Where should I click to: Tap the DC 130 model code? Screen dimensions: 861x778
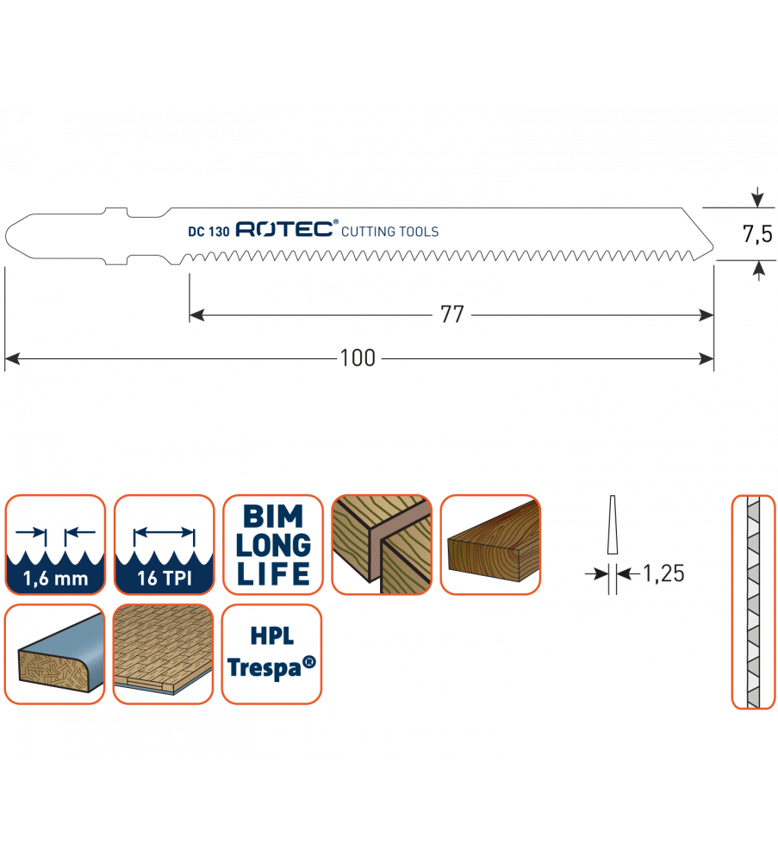208,231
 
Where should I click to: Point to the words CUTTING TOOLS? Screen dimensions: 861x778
390,231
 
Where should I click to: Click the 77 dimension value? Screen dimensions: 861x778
452,315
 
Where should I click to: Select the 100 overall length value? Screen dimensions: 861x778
358,358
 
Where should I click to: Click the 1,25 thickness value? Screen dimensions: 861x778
663,573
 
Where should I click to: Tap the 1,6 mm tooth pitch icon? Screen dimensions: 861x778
55,544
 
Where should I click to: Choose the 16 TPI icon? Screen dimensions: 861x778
164,544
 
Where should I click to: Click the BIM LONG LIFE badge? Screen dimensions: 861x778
273,544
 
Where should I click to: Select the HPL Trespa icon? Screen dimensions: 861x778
272,653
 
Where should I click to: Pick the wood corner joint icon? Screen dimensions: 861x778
382,544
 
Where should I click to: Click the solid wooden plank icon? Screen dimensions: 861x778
491,544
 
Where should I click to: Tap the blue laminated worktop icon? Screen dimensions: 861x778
55,653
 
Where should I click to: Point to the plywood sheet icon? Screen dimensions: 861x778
164,653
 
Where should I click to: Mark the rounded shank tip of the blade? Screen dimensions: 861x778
12,234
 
